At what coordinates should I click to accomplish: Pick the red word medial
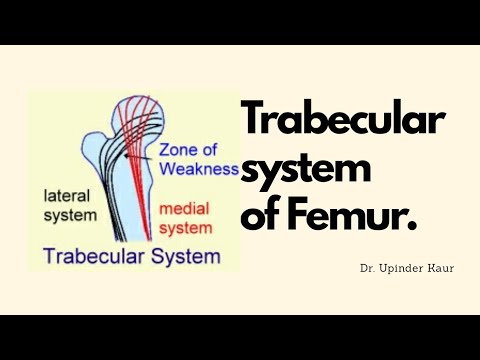[186, 209]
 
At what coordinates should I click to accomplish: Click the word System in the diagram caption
[184, 256]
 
